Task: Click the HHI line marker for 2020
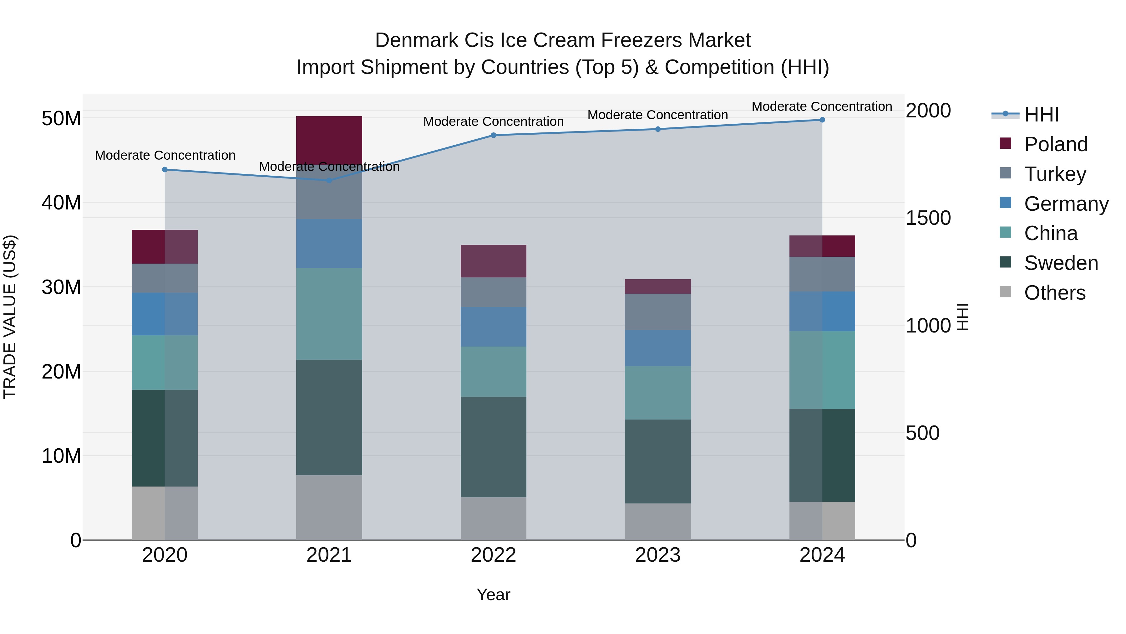(x=165, y=170)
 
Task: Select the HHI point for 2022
(x=494, y=135)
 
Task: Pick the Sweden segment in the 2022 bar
(x=494, y=447)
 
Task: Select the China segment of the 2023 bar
(x=658, y=393)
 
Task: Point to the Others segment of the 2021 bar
(x=329, y=508)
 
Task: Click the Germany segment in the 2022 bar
(x=494, y=327)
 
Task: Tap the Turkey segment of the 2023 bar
(x=658, y=312)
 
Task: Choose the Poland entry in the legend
(x=1056, y=144)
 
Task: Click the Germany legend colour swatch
(x=1005, y=203)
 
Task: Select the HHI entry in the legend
(x=1041, y=115)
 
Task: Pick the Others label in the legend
(x=1055, y=293)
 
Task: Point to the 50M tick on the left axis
(x=61, y=119)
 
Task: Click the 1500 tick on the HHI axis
(x=928, y=218)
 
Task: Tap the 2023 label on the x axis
(x=658, y=555)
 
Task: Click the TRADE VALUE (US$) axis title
(x=10, y=317)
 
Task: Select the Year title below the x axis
(x=494, y=595)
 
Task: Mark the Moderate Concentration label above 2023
(x=657, y=115)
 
